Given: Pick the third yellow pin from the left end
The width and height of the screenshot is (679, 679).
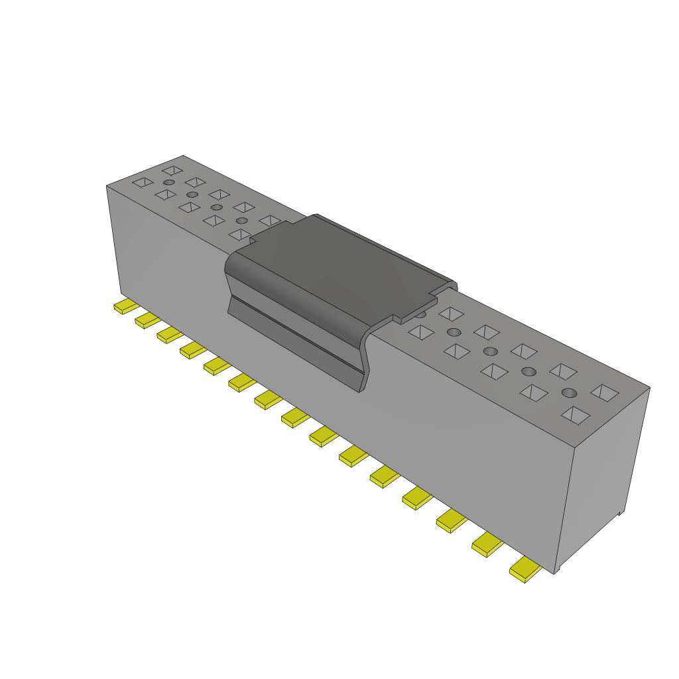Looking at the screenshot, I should tap(169, 335).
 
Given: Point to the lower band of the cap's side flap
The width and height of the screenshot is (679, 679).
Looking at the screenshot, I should tap(298, 345).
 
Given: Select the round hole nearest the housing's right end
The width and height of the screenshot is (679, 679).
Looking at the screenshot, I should tap(569, 393).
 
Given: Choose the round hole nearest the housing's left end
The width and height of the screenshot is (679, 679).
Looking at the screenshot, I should tap(169, 182).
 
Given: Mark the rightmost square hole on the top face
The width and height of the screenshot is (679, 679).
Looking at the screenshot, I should tap(605, 393).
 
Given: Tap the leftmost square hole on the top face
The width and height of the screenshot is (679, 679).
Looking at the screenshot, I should tap(142, 182).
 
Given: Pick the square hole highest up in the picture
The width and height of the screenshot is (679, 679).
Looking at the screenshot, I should tap(172, 170).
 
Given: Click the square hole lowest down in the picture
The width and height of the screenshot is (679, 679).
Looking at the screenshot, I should tap(575, 415).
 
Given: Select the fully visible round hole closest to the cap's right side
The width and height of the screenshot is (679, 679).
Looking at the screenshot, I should tap(454, 332).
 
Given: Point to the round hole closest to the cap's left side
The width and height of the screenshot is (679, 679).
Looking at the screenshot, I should tap(242, 220).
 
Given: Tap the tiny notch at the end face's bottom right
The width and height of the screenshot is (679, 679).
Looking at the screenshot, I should tap(619, 513).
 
